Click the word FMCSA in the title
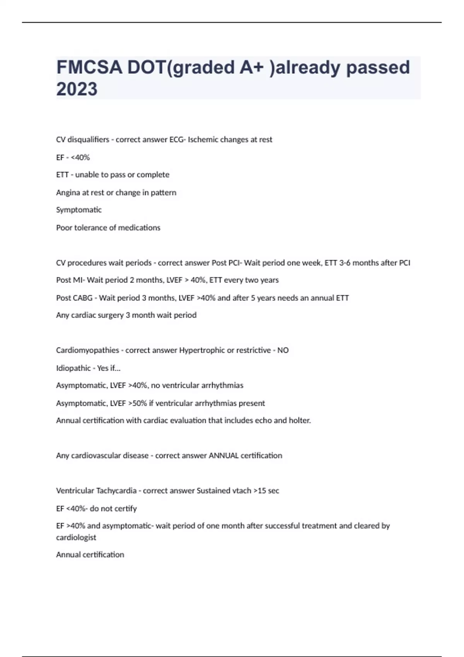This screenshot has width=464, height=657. [89, 67]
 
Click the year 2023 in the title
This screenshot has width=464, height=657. [77, 89]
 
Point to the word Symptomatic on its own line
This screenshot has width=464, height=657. [79, 210]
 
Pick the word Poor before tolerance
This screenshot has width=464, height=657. [64, 228]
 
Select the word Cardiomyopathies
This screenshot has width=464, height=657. [87, 350]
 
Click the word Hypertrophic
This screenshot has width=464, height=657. [202, 350]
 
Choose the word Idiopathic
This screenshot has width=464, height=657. [73, 368]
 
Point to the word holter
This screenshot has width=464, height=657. [300, 420]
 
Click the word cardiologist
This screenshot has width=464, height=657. [76, 537]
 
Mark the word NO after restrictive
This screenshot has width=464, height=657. [283, 350]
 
